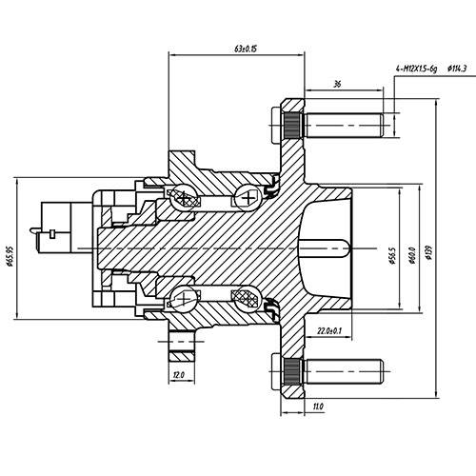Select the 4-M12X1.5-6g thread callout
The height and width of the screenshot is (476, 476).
[416, 69]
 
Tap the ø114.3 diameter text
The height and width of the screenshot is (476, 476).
[457, 69]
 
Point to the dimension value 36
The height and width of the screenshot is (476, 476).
[337, 84]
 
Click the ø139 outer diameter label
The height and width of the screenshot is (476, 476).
[431, 254]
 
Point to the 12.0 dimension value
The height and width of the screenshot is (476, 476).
[179, 376]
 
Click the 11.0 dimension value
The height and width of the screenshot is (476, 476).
[318, 407]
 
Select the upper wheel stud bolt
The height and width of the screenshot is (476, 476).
[343, 126]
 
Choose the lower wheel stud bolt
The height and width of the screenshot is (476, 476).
[343, 367]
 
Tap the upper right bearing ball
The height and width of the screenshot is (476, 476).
[249, 197]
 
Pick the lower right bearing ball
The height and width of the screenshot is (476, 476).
[249, 297]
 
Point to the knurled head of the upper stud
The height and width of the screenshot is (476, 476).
[291, 126]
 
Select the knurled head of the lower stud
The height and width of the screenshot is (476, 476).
[291, 367]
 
